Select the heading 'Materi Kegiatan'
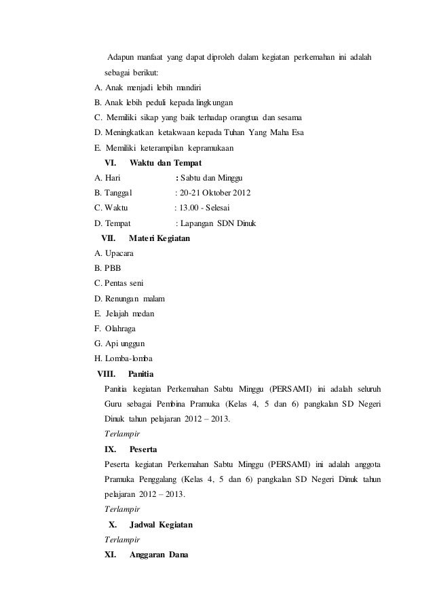(x=159, y=239)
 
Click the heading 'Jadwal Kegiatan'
(x=161, y=525)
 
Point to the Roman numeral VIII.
(x=107, y=373)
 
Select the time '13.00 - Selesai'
(x=208, y=208)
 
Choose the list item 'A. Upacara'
(x=115, y=253)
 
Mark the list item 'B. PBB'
(x=109, y=268)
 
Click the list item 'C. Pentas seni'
(x=119, y=283)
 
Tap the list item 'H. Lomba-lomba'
(x=125, y=358)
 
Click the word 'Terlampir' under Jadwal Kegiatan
(x=122, y=540)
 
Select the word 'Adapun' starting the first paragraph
(x=121, y=54)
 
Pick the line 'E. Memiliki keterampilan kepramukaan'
(x=165, y=148)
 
